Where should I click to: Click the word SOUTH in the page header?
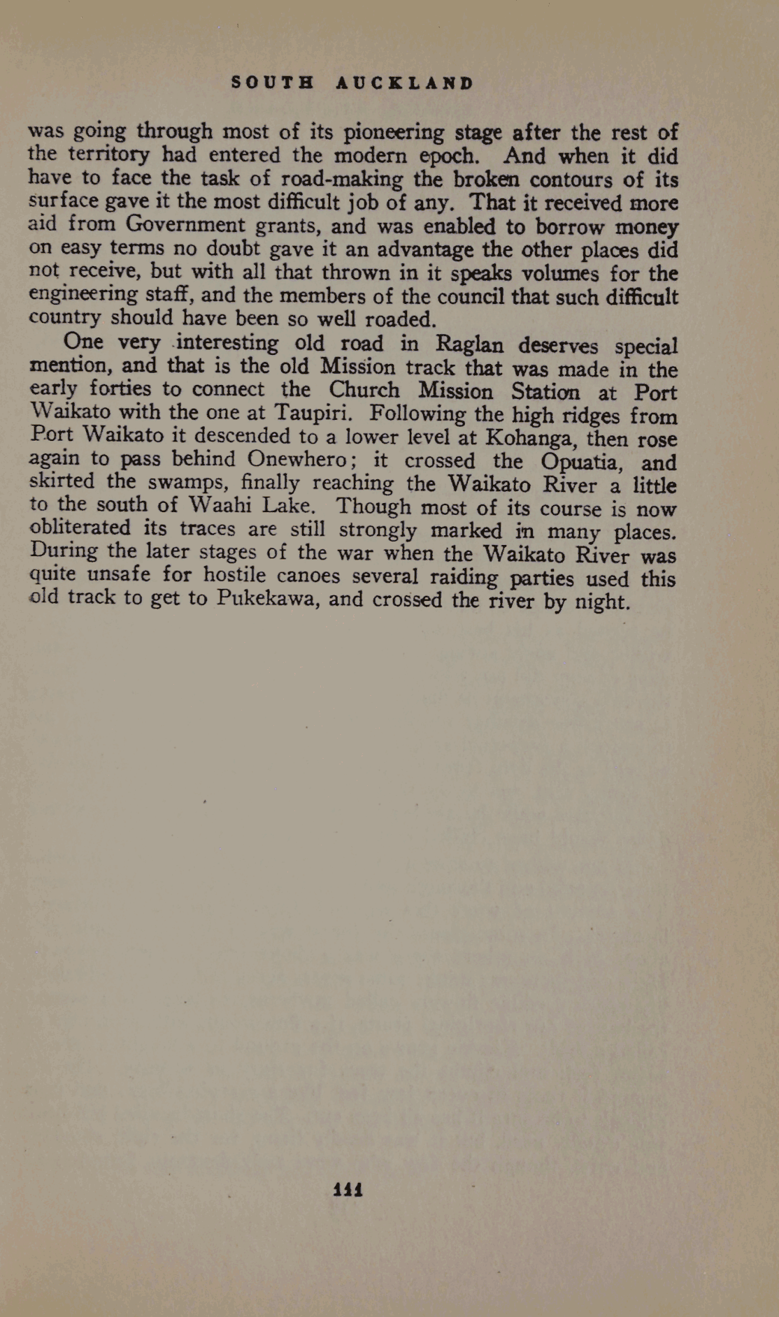pos(273,83)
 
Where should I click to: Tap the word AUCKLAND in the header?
pos(405,83)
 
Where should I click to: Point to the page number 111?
pos(348,1188)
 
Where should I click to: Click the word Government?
pos(186,225)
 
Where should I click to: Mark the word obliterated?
pos(80,527)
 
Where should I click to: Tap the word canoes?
pos(308,576)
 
